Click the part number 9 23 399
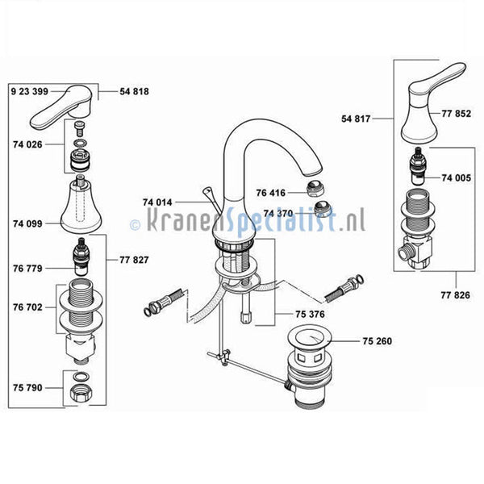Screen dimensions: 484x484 coord(30,91)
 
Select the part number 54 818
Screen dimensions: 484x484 coord(134,91)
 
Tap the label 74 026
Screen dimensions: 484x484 coord(27,144)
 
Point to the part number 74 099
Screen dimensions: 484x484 coord(27,223)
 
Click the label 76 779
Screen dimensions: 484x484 coord(27,269)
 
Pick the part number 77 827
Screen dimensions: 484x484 coord(134,260)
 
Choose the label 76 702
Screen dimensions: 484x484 coord(27,307)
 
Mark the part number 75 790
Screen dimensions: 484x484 coord(27,388)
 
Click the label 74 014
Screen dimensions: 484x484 coord(157,202)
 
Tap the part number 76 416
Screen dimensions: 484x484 coord(271,193)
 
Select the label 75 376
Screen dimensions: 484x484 coord(310,315)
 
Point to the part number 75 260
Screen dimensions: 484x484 coord(378,341)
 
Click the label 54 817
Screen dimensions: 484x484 coord(356,119)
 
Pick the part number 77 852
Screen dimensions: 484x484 coord(457,114)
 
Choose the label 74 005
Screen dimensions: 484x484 coord(457,178)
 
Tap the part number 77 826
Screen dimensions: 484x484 coord(455,295)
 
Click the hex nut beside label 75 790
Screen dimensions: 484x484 coord(81,394)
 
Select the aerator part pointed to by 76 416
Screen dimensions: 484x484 coord(315,188)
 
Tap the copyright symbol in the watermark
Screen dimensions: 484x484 coord(136,225)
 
